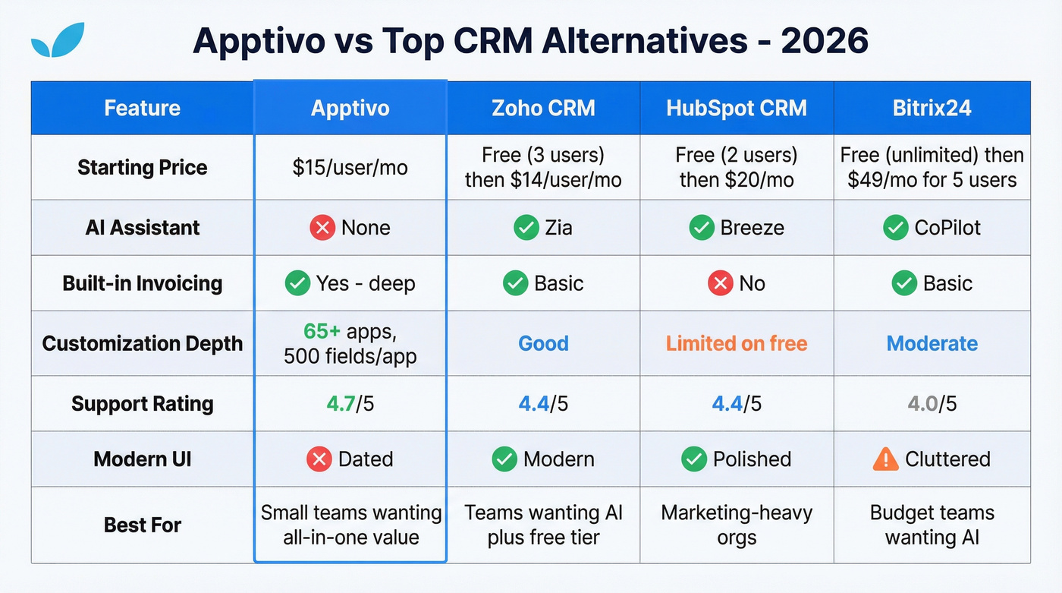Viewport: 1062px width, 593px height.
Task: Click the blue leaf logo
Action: click(x=58, y=41)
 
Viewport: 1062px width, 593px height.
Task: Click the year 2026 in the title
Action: click(x=825, y=41)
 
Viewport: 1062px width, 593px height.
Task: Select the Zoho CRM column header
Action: click(x=543, y=108)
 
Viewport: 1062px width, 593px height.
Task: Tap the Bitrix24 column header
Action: click(x=932, y=108)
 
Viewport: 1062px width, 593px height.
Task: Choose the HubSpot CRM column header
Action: click(x=737, y=108)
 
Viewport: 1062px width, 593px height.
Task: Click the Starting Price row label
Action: click(x=142, y=167)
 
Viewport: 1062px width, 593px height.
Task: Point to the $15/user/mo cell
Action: click(x=350, y=167)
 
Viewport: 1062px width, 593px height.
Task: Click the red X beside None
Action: click(x=322, y=228)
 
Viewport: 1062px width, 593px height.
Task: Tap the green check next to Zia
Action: click(x=526, y=228)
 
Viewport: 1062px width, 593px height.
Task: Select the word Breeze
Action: click(x=751, y=228)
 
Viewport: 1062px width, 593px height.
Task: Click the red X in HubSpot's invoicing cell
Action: click(x=720, y=283)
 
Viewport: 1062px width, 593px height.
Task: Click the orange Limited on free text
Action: click(x=737, y=343)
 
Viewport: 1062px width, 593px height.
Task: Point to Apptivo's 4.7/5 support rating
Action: click(x=350, y=403)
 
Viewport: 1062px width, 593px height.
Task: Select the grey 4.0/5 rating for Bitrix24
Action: click(x=932, y=403)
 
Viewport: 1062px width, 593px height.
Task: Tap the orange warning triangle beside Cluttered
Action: click(x=885, y=459)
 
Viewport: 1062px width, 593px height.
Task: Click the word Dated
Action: click(x=365, y=459)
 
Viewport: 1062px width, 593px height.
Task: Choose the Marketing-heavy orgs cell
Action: click(x=737, y=525)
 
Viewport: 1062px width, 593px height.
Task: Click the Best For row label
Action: click(x=142, y=525)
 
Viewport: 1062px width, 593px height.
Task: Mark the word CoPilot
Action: click(x=947, y=228)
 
